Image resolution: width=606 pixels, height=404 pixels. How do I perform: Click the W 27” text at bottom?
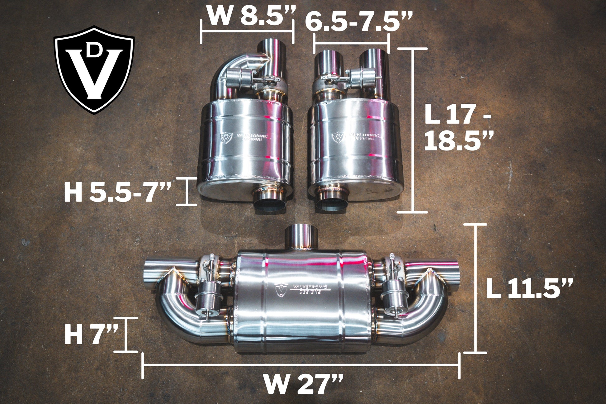pos(303,384)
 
